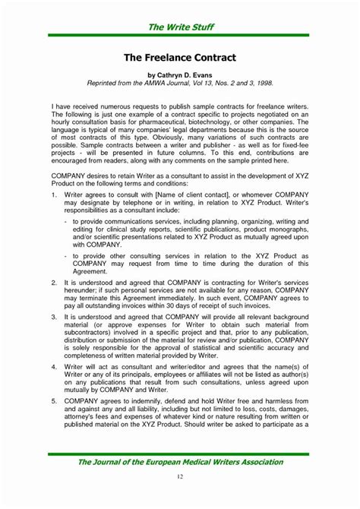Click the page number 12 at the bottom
180,476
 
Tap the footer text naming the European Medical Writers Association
180,461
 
